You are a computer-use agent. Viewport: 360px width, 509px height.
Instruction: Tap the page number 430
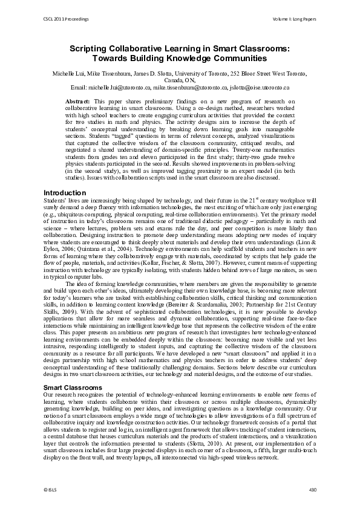(x=312, y=488)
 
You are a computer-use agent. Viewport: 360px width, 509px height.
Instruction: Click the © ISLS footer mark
(x=50, y=488)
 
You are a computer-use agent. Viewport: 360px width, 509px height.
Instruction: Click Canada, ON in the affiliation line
(x=180, y=80)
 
